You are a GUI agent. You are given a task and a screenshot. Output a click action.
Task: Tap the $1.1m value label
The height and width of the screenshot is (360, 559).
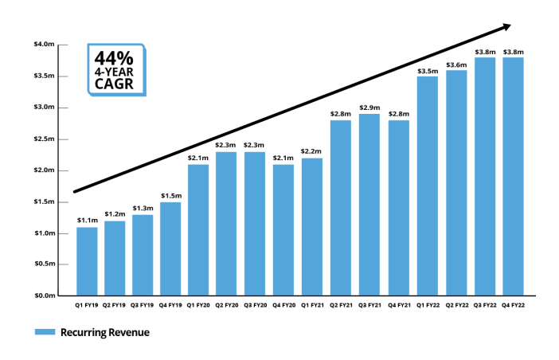pos(87,221)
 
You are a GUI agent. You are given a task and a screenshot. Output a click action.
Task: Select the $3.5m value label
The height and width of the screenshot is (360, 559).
pos(427,70)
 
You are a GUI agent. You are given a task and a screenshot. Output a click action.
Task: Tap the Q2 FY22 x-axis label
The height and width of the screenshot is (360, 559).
pos(455,306)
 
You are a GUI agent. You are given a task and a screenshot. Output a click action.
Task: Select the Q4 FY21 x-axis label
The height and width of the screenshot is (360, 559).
pos(399,306)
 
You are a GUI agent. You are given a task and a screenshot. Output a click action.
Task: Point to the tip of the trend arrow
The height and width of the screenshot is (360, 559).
pos(510,26)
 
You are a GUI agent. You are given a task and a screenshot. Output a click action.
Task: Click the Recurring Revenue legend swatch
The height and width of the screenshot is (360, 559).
pos(45,332)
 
